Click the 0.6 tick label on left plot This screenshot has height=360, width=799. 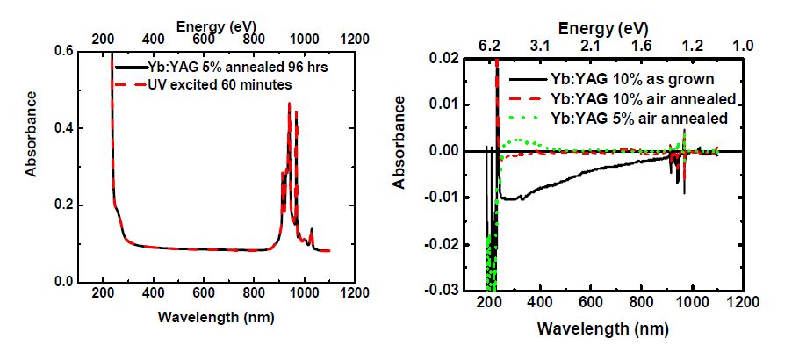pos(66,51)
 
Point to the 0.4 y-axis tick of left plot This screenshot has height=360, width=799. pos(66,128)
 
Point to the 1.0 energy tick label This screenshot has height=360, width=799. pos(743,44)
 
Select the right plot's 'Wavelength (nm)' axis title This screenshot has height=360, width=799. pos(604,328)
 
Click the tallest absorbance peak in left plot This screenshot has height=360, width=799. pos(289,104)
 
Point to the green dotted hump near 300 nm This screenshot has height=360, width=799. pos(520,140)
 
